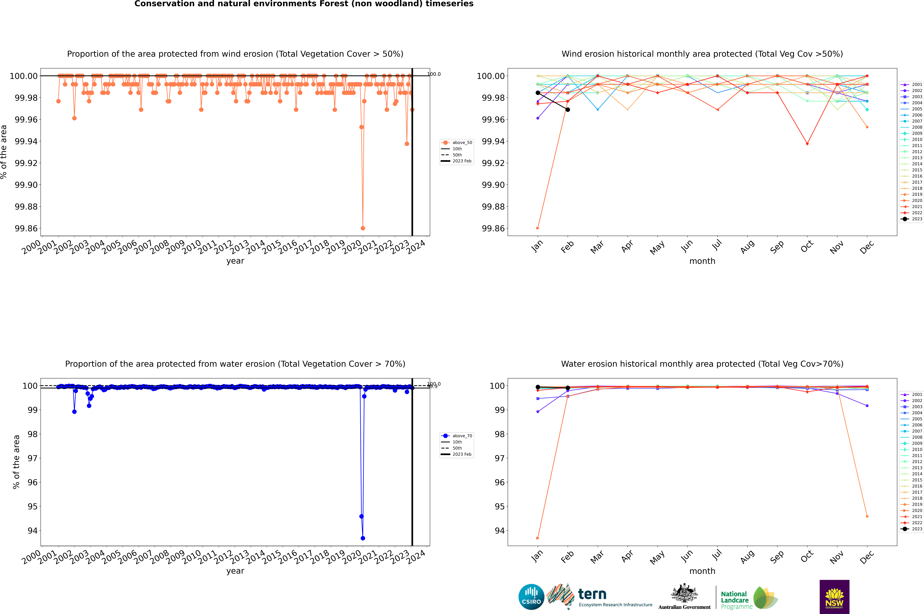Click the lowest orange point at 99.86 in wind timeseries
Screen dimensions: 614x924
363,228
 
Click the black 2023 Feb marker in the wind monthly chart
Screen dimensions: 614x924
568,110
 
